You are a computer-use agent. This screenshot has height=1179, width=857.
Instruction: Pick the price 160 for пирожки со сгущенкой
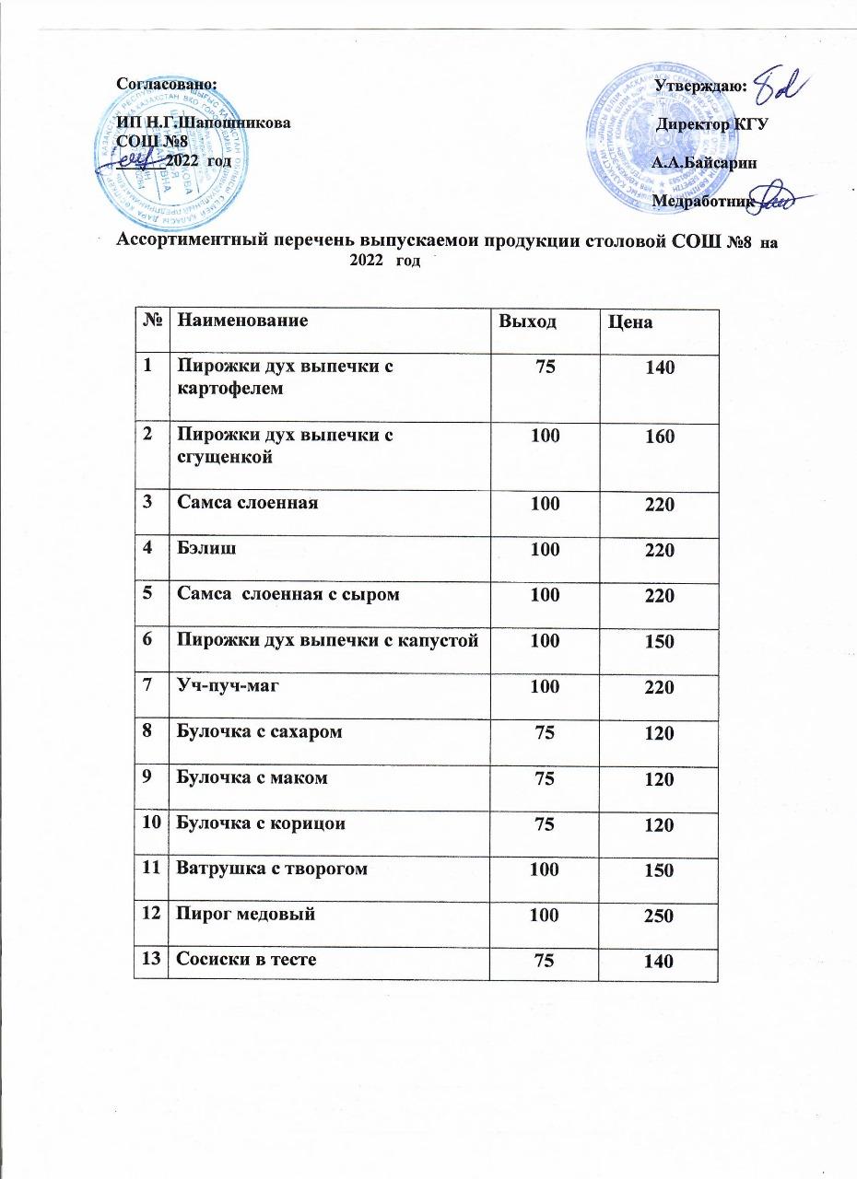click(x=660, y=437)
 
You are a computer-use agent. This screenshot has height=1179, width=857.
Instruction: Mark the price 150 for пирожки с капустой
click(x=660, y=642)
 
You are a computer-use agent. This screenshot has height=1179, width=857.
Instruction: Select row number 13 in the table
click(x=150, y=959)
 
